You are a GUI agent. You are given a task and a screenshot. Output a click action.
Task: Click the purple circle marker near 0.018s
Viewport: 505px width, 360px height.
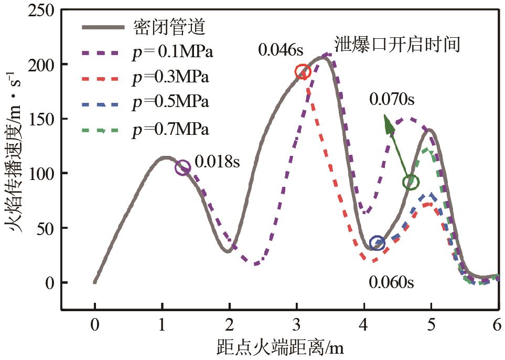pos(182,168)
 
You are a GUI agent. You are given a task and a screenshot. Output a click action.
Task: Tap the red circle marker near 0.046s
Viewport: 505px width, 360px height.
pos(303,72)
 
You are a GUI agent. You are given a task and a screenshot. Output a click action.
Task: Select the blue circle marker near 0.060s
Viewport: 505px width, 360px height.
pos(377,243)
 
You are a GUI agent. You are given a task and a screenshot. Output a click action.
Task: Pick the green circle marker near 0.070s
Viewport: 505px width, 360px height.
pos(411,182)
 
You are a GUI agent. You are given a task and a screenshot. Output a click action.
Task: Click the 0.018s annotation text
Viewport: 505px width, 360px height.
pos(217,162)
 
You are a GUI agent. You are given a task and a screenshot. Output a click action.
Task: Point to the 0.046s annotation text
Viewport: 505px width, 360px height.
pos(281,50)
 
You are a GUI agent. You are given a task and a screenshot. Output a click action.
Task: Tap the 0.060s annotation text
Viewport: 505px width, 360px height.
pos(391,282)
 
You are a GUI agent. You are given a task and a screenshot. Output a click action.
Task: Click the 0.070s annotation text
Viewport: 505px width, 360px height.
pos(391,98)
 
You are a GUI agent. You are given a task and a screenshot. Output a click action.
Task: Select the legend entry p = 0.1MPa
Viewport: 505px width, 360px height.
pos(172,52)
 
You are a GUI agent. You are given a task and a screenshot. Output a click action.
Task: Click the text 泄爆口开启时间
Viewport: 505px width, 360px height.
pos(398,44)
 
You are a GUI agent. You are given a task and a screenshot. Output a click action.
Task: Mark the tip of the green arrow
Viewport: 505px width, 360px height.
pos(385,117)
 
